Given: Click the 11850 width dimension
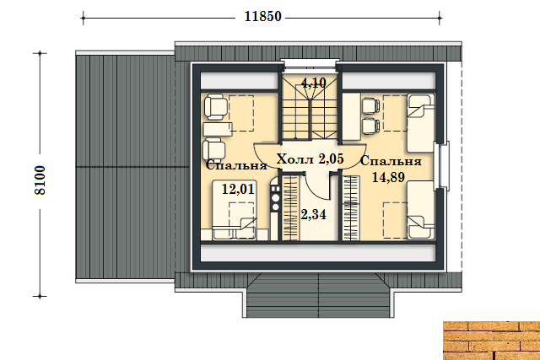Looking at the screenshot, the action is click(x=262, y=17).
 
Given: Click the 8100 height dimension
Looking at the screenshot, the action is click(x=40, y=180).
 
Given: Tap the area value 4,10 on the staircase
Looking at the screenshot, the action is click(x=313, y=83).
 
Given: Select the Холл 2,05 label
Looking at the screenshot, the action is click(x=310, y=159).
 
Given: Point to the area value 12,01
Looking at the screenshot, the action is click(x=238, y=189).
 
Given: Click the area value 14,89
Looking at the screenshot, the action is click(x=388, y=177).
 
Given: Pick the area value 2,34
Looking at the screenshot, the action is click(x=313, y=214).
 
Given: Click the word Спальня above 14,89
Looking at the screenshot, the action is click(x=391, y=161).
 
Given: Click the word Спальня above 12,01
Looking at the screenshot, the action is click(x=236, y=165).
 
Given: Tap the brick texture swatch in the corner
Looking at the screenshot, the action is click(x=491, y=341).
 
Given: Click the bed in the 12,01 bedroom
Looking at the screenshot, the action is click(x=235, y=210).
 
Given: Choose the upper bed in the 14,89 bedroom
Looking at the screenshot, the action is click(x=420, y=122).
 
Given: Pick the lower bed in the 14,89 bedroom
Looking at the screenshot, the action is click(x=420, y=210).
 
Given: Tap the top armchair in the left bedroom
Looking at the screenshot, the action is click(x=216, y=108).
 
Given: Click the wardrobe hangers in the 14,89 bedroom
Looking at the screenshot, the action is click(x=351, y=207).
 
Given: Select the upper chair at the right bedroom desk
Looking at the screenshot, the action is click(x=370, y=105).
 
